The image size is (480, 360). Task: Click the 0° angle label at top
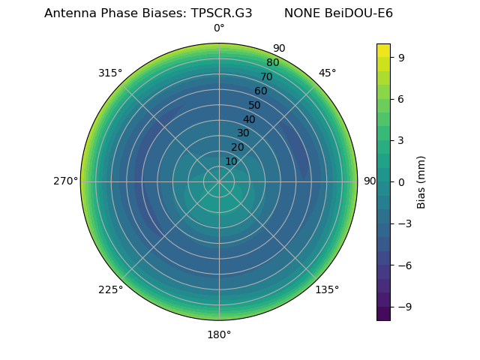tap(219, 28)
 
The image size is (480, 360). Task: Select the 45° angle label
tap(327, 73)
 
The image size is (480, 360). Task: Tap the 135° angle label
tap(327, 289)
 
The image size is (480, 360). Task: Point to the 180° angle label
tap(219, 334)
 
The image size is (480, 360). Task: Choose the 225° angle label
tap(110, 289)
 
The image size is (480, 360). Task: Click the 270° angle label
tap(65, 181)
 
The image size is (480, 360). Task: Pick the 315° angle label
tap(110, 73)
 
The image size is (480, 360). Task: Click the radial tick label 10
tap(231, 161)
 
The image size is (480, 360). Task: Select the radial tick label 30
tap(243, 133)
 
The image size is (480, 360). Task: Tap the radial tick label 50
tap(255, 105)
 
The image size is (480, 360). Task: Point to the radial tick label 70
tap(266, 76)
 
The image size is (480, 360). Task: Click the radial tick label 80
tap(272, 63)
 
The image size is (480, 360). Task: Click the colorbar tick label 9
tap(401, 57)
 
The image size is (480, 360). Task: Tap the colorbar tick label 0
tap(401, 181)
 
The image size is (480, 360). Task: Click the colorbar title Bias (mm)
tap(421, 181)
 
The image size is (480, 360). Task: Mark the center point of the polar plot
tap(219, 181)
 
